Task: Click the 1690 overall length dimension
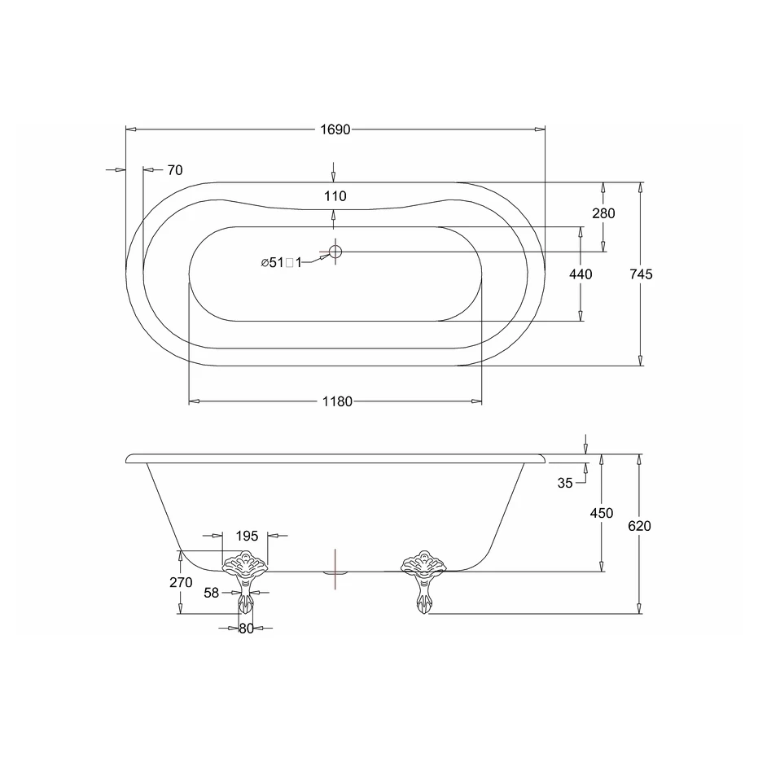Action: click(335, 129)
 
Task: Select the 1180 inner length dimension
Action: click(337, 401)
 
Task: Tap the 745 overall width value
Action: click(641, 274)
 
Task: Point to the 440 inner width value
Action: click(581, 274)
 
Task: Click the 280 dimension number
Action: click(603, 213)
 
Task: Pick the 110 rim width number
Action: click(335, 195)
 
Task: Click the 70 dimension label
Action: click(175, 170)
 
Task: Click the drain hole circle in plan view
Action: click(335, 252)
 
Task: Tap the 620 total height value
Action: click(640, 525)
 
